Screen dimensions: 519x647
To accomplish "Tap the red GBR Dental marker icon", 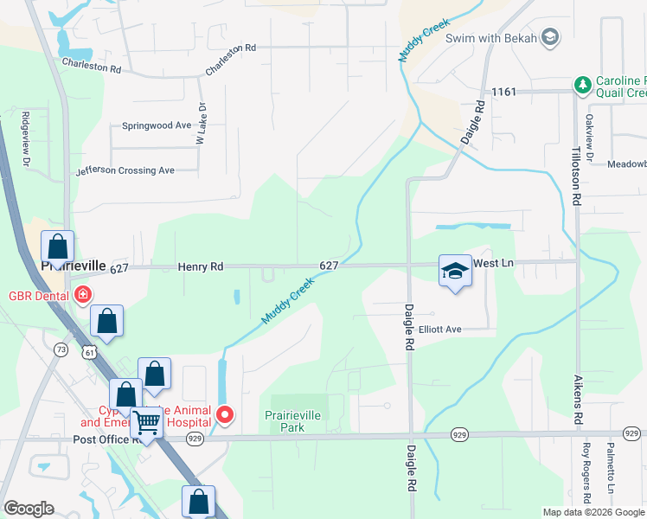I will point(82,294).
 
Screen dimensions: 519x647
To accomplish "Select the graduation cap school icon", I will point(455,272).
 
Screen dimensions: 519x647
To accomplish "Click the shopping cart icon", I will point(148,423).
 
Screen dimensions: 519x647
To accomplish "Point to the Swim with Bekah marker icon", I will point(550,36).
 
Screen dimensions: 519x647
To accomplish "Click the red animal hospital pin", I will point(225,415).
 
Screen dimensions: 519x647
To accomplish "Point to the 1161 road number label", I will point(503,91).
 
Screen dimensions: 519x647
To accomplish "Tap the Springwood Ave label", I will point(157,125).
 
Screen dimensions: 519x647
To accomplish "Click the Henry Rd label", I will point(201,267).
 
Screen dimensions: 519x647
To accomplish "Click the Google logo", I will point(29,509).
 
